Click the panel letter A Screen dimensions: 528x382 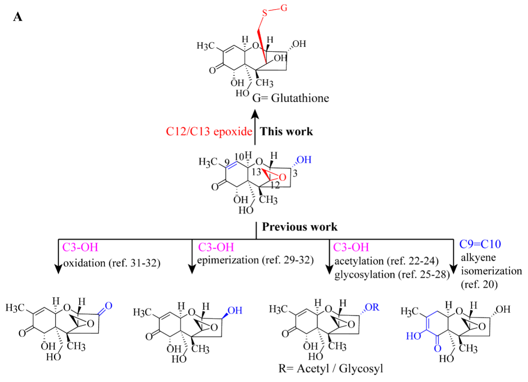click(x=18, y=17)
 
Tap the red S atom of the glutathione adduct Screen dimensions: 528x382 click(x=265, y=13)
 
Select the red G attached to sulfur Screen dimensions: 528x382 click(x=284, y=8)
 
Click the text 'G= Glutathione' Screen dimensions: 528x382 click(x=291, y=98)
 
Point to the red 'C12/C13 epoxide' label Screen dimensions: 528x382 click(x=209, y=131)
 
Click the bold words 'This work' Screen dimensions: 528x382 click(x=286, y=131)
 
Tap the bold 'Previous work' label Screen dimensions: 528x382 click(x=300, y=227)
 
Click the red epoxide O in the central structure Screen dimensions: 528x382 click(x=282, y=177)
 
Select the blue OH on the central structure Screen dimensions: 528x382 click(x=304, y=160)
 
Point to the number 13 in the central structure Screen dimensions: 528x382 click(x=256, y=172)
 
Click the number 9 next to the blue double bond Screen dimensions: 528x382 click(x=227, y=162)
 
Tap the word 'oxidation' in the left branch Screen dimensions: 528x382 click(x=84, y=263)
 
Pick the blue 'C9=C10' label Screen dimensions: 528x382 click(x=480, y=244)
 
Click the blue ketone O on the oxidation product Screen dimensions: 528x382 click(x=109, y=306)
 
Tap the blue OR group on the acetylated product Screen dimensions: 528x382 click(x=372, y=307)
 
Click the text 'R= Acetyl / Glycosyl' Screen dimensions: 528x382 click(x=331, y=369)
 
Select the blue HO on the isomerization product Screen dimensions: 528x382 click(x=414, y=336)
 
